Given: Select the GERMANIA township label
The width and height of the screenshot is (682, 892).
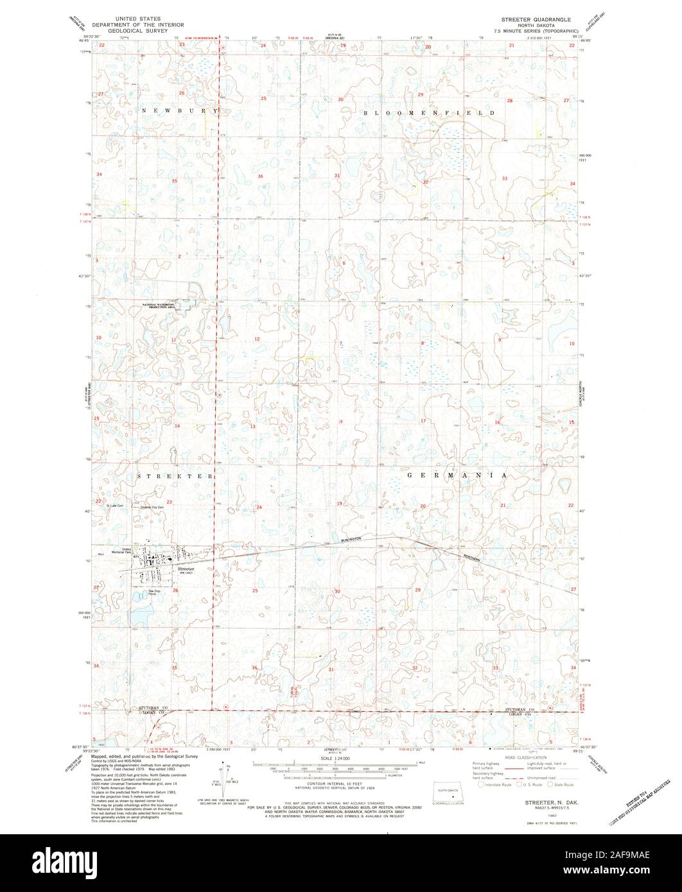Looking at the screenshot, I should tap(457, 476).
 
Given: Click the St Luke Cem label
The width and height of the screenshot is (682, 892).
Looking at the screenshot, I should tap(114, 506).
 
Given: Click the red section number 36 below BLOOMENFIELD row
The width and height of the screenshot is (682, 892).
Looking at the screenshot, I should tap(261, 176).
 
